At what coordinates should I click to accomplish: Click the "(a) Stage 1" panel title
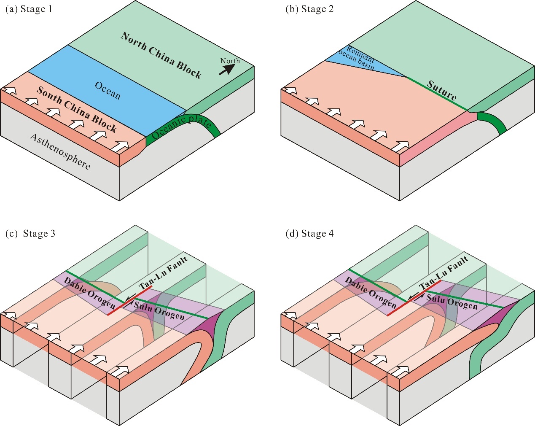pos(29,9)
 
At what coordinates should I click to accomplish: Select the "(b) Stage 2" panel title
pos(310,9)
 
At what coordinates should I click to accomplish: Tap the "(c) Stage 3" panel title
pos(30,233)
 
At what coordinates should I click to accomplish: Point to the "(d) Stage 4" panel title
pos(310,233)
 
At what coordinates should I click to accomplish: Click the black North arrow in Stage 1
pos(227,69)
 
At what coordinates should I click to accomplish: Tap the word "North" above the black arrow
pos(230,61)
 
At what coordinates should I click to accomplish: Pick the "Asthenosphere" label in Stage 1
pos(60,151)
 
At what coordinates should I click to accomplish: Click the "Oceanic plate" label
pos(181,127)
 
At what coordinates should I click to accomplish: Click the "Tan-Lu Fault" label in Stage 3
pos(163,272)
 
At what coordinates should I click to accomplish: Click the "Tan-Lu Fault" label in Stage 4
pos(444,272)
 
